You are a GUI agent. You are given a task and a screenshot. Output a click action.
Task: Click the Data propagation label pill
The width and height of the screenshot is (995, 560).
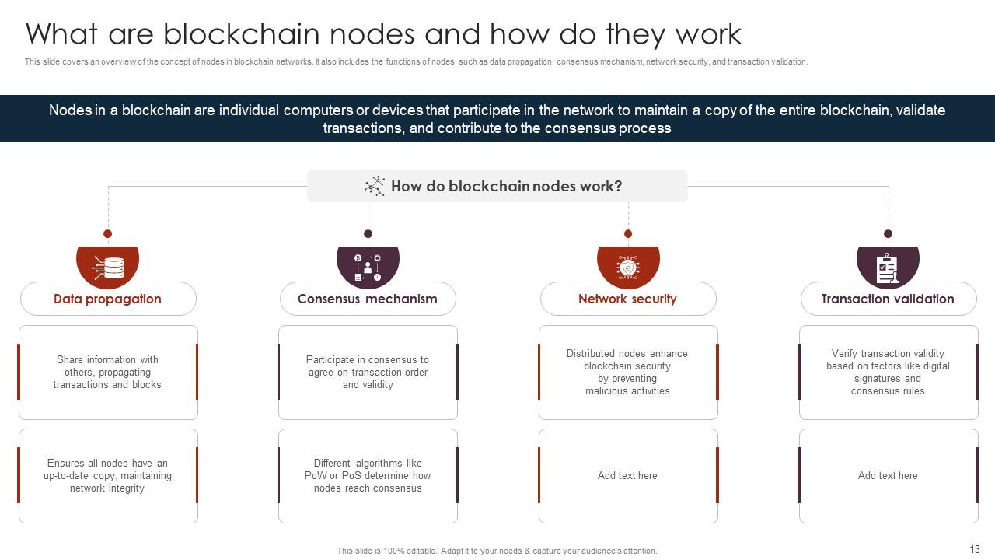point(108,299)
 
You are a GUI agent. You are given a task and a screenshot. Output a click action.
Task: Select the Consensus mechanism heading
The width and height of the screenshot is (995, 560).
point(368,299)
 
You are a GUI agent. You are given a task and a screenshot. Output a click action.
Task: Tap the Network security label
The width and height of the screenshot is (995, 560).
point(627,299)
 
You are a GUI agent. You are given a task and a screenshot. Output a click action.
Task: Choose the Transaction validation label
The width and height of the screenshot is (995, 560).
point(888,299)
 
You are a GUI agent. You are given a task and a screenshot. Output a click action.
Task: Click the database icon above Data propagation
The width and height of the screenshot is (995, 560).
point(108,267)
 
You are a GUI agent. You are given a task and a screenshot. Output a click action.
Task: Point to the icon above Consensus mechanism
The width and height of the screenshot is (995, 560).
point(368,267)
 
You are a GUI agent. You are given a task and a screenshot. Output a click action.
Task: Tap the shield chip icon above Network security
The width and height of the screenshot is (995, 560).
point(628,267)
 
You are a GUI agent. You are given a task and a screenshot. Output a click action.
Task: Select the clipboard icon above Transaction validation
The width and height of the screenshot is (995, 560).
point(888,267)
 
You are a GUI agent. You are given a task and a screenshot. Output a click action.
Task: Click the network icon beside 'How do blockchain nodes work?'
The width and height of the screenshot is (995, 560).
point(375,186)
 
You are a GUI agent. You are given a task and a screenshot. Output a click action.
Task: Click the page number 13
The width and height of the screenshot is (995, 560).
point(975,548)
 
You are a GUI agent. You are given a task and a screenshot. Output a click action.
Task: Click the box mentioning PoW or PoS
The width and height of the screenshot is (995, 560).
point(368,475)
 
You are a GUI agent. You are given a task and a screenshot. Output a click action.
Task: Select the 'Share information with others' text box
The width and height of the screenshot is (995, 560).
point(108,373)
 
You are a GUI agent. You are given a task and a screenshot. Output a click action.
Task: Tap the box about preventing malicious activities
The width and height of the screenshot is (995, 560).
point(628,373)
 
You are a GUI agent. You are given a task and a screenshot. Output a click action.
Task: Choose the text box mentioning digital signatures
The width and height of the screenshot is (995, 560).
point(888,373)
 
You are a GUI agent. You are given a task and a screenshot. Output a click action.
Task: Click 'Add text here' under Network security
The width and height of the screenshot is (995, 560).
point(628,475)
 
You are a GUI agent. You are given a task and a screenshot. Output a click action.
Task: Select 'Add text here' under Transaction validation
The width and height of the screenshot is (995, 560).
point(888,475)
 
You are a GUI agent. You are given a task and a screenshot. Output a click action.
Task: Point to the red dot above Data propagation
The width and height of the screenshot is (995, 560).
point(108,233)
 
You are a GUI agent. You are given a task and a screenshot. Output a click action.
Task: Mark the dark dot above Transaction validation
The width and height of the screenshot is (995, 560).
point(888,233)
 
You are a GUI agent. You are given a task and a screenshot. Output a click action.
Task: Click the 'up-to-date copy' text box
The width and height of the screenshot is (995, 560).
point(108,475)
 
